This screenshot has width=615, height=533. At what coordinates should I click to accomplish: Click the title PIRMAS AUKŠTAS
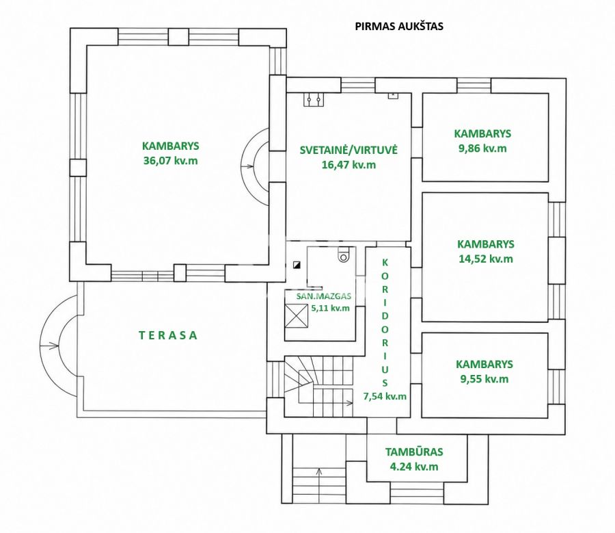coord(399,26)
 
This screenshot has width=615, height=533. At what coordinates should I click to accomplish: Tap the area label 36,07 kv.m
coord(171,161)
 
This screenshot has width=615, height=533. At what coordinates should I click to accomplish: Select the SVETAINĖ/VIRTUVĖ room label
coord(348,150)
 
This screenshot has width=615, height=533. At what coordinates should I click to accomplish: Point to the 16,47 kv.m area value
coord(348,165)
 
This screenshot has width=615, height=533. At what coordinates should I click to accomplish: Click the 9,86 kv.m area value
coord(482,148)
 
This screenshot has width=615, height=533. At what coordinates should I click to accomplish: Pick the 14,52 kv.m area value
coord(486,259)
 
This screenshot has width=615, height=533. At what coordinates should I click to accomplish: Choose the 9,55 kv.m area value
coord(484,379)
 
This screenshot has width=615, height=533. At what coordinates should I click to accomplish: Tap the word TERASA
coord(168,335)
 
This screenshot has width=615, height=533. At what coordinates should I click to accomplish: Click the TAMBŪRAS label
coord(414,452)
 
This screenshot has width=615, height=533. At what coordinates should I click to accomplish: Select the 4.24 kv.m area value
coord(414,467)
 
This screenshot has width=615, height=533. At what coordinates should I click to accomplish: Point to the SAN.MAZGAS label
coord(324,296)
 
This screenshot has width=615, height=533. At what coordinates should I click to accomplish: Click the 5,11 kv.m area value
coord(330,308)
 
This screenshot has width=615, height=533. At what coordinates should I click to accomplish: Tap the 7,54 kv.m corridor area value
coord(385,396)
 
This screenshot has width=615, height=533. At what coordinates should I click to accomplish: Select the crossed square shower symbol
coord(296,316)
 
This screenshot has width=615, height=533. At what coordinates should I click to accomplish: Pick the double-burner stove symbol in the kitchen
coord(314,99)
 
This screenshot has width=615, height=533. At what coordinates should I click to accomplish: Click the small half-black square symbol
coord(297,265)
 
